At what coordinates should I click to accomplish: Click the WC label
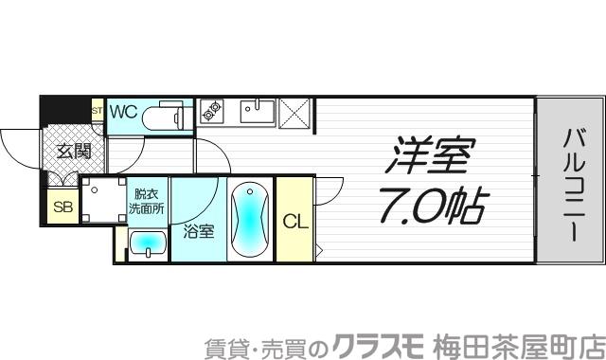(124, 112)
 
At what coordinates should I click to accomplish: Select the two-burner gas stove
(209, 113)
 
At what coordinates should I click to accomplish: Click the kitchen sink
(256, 112)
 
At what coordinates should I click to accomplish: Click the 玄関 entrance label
(72, 150)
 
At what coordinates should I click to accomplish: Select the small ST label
(97, 111)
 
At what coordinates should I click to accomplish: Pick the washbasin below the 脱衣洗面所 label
(147, 245)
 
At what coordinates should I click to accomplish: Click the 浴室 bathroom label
(197, 229)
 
